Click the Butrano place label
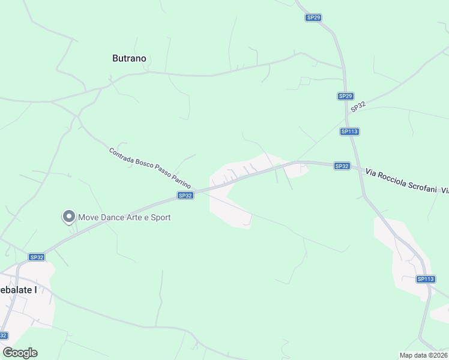[129, 59]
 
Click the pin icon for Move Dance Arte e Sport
[68, 217]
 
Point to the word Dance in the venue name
[116, 217]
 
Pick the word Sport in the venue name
[160, 217]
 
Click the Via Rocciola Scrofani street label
[402, 182]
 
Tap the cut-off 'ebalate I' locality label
[19, 290]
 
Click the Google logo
[20, 353]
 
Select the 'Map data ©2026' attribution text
[423, 355]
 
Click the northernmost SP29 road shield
[313, 18]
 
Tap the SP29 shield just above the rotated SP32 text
[345, 96]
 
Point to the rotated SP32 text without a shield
[358, 106]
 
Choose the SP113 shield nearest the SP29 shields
[349, 131]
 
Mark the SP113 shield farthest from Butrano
[426, 279]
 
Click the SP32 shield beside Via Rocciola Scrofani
[342, 166]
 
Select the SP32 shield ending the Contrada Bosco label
[185, 196]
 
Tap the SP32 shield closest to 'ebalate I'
[37, 257]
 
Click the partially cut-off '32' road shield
[4, 335]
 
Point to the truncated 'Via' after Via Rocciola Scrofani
[444, 190]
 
